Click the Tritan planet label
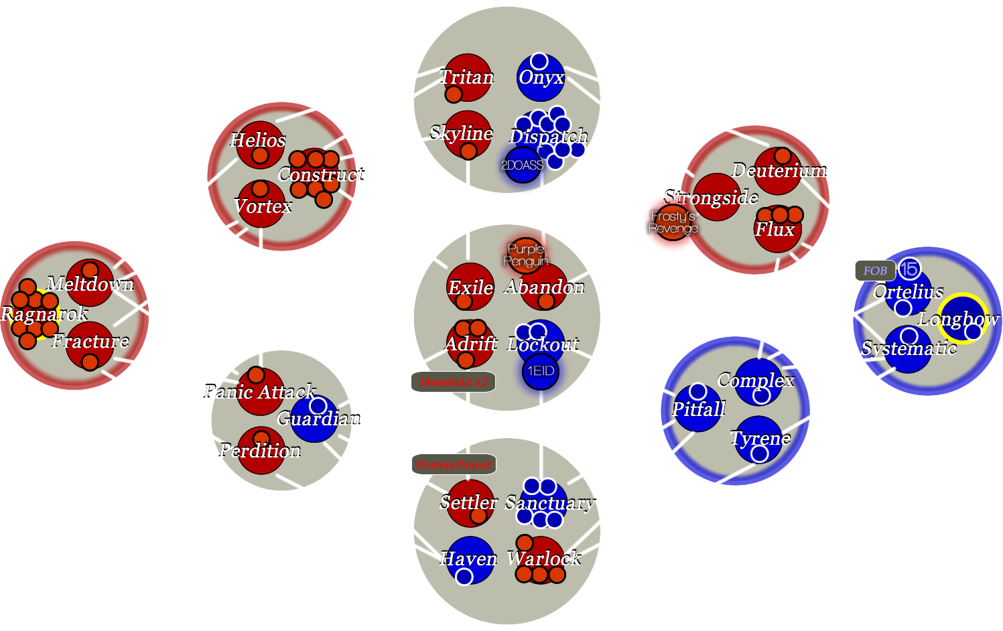point(467,77)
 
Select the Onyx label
point(541,78)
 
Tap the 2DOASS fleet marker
point(523,165)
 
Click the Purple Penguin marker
point(526,255)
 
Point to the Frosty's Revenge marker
point(673,222)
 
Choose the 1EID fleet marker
point(541,371)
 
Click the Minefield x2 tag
point(454,382)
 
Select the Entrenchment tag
point(454,464)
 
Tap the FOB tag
point(875,271)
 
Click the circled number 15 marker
point(909,269)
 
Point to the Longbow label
point(958,320)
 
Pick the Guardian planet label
point(318,419)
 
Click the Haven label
point(468,559)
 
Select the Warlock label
point(544,558)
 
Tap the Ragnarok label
point(44,313)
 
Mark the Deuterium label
point(779,171)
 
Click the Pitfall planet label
point(699,409)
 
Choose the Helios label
point(258,140)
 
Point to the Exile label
point(470,288)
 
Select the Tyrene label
point(760,438)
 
